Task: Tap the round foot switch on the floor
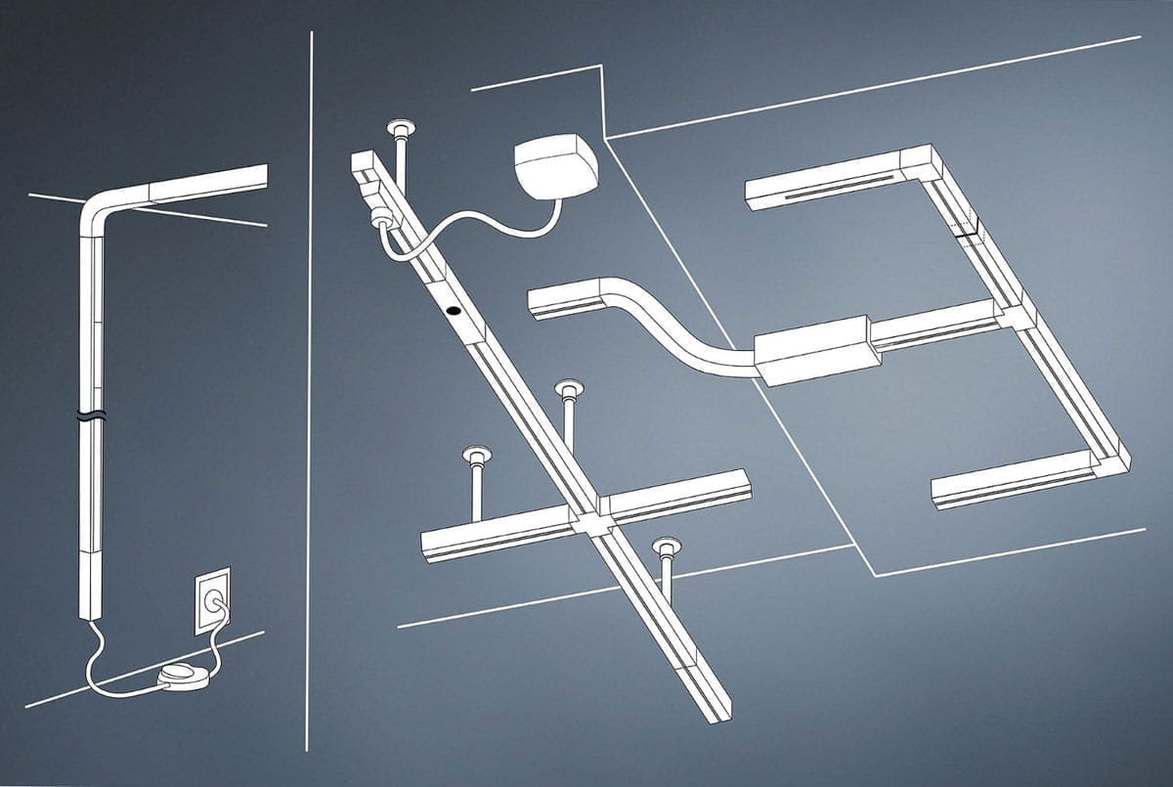(x=183, y=677)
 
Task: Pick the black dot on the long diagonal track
(x=454, y=311)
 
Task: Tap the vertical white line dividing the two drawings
(x=310, y=391)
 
